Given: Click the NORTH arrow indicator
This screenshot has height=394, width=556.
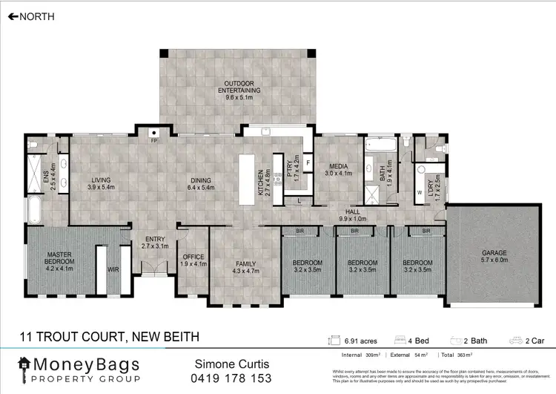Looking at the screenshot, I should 13,15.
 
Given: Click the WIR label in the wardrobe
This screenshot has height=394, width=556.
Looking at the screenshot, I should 113,269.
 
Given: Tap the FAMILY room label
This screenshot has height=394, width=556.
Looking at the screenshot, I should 245,263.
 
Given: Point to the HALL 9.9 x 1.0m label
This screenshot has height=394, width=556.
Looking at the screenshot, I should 354,215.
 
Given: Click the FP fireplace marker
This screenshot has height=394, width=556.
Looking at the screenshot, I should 154,140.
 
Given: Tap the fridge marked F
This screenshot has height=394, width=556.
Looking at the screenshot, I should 307,161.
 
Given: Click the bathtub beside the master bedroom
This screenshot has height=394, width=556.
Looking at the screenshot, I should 33,209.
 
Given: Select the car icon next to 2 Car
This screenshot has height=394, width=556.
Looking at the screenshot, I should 515,341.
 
